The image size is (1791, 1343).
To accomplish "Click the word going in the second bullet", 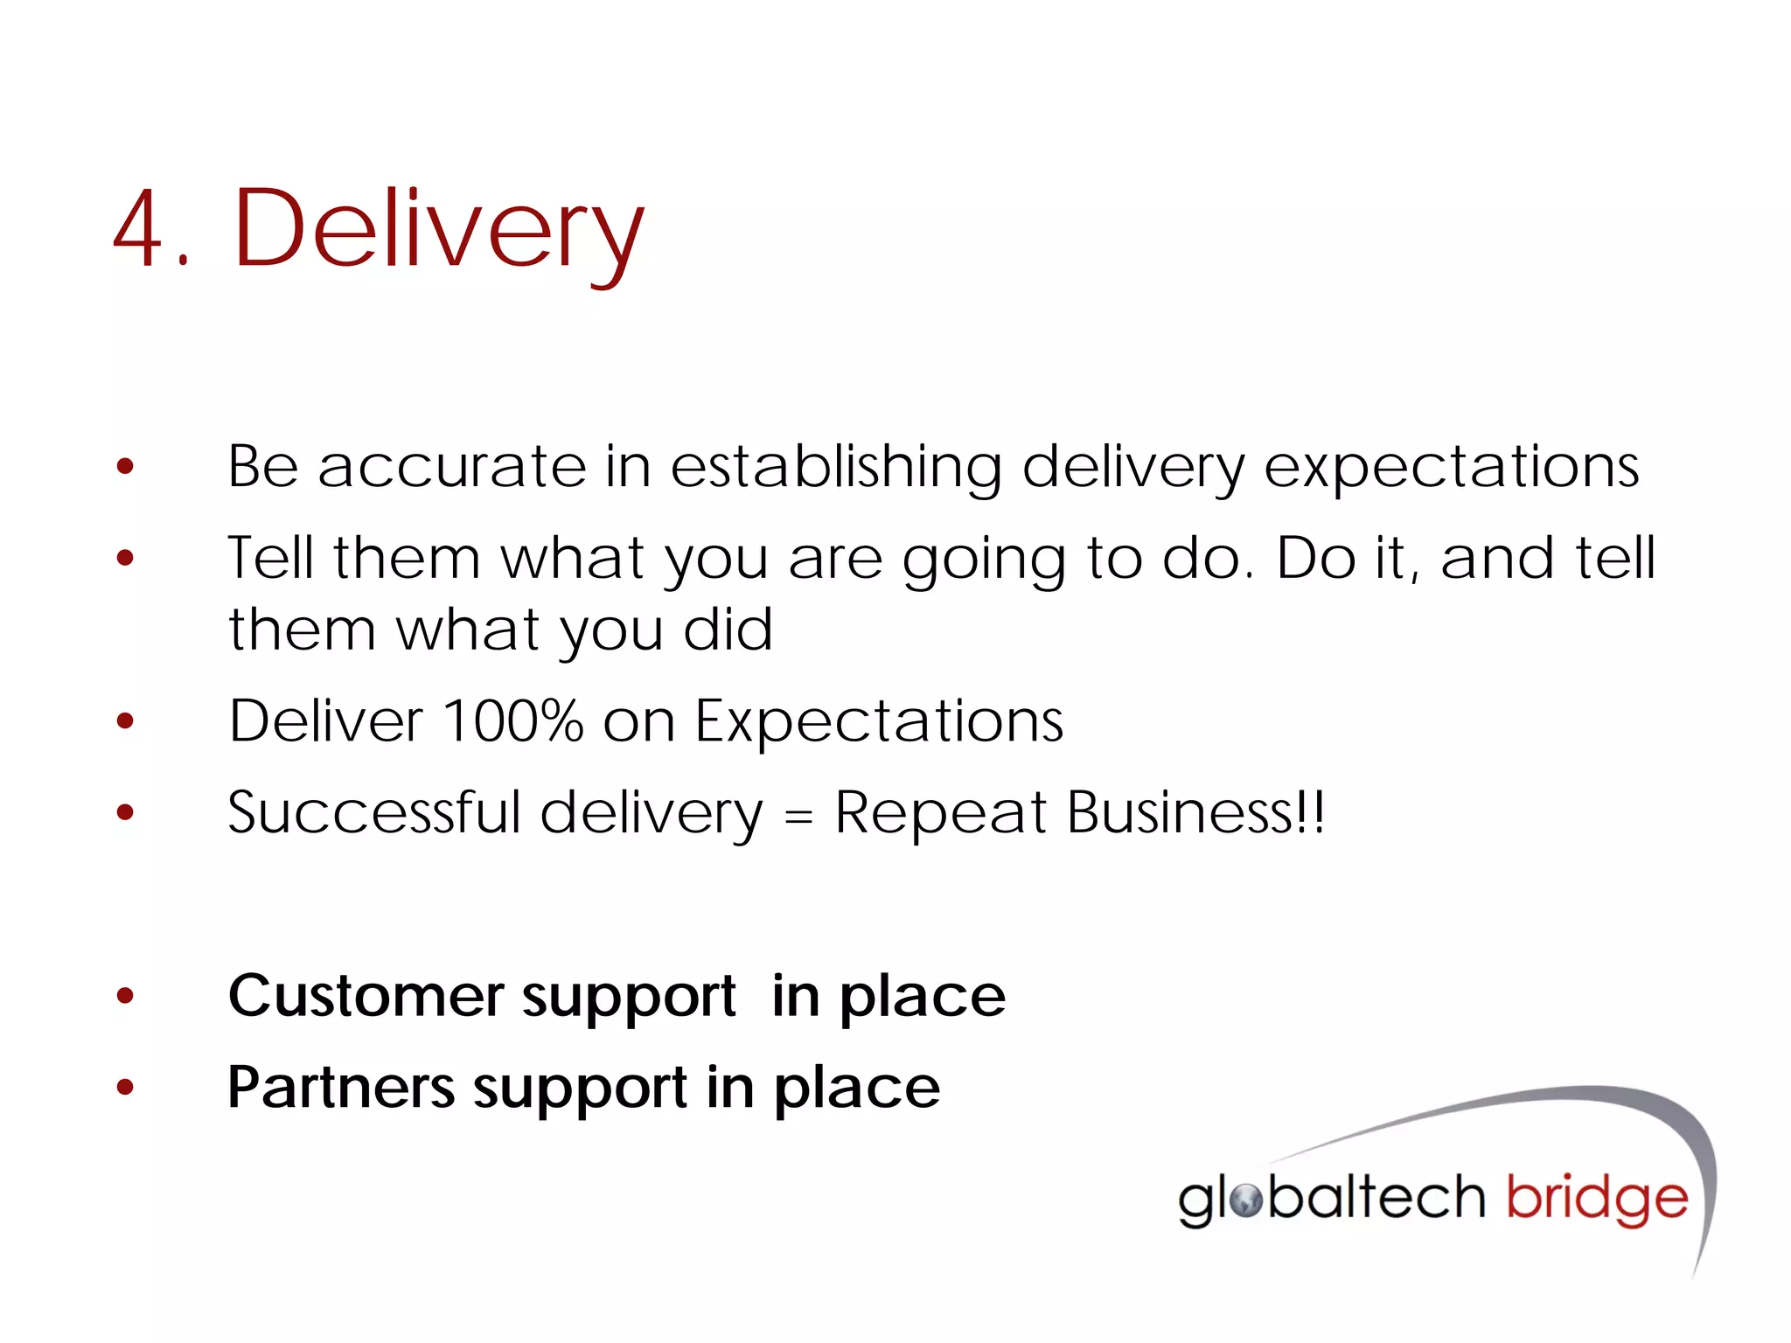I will click(x=983, y=560).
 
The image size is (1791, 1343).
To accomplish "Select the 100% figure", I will click(x=513, y=721).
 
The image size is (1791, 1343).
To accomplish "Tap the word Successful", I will click(x=374, y=812).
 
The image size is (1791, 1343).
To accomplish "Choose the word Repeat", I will click(x=940, y=814).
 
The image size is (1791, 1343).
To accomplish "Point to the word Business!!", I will click(x=1195, y=812).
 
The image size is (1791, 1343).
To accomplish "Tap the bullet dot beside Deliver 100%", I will click(x=126, y=721).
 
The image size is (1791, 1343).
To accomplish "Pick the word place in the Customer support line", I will click(x=923, y=998).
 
